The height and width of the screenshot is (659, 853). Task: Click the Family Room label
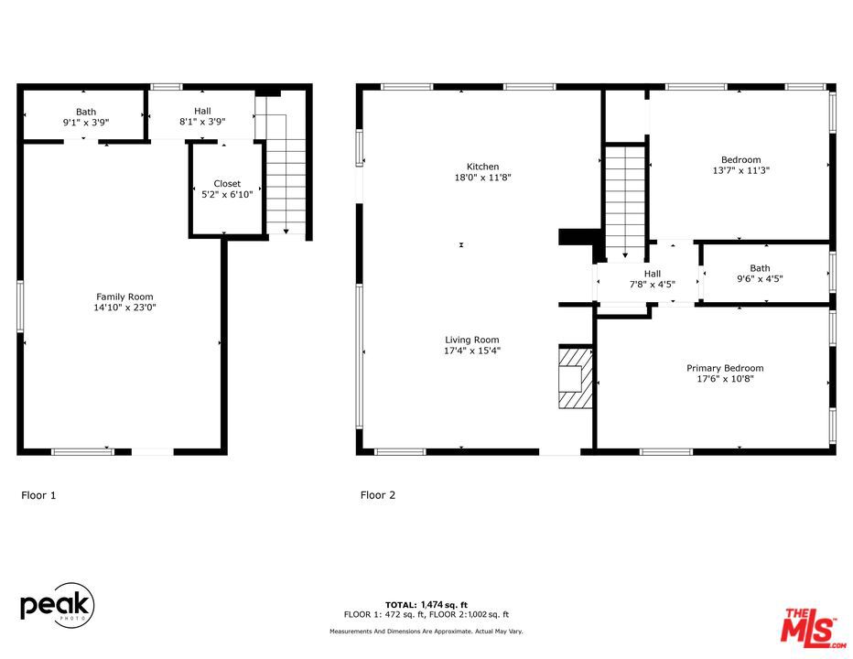[124, 297]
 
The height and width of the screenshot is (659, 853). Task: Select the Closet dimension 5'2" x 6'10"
[227, 194]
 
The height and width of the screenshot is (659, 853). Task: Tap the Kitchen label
[483, 167]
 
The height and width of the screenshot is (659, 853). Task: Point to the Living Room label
[472, 340]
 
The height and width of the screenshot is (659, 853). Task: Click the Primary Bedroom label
[725, 368]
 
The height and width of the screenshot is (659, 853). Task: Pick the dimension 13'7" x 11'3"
[740, 170]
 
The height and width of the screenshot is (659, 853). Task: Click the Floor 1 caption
[38, 495]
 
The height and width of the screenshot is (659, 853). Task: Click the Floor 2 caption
[378, 495]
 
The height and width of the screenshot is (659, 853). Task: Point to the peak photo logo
[57, 605]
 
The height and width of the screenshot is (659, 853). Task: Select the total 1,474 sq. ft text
[426, 604]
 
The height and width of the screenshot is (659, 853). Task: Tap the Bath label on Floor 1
[86, 112]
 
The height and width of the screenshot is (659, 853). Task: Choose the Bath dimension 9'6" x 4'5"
[760, 279]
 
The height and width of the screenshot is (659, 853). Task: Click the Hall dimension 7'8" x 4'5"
[652, 285]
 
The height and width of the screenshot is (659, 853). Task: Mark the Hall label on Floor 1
[202, 112]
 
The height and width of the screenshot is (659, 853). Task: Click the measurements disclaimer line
[426, 632]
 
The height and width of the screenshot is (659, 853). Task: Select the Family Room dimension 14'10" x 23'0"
[124, 308]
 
